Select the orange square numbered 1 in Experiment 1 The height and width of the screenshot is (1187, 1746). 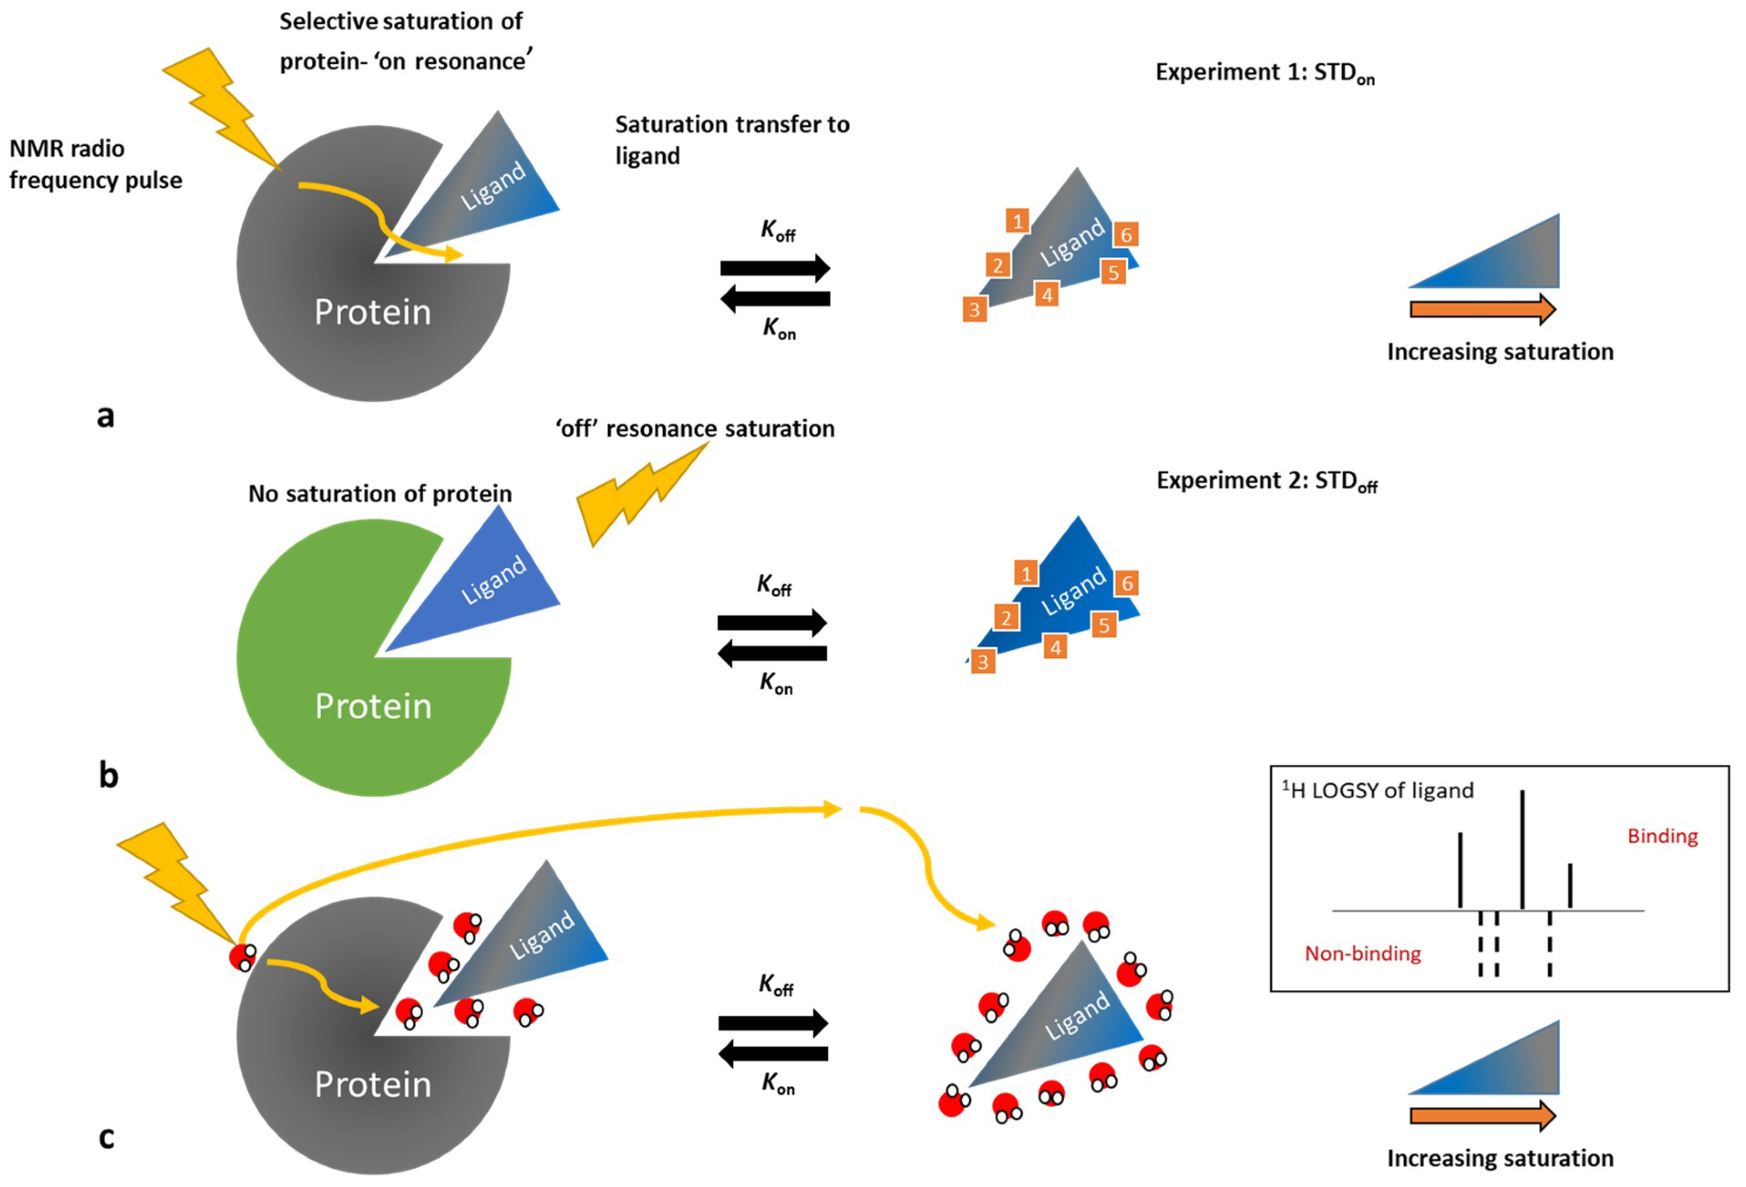(x=1017, y=221)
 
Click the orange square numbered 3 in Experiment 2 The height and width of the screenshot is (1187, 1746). (x=983, y=662)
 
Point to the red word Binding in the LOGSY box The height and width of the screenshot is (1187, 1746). (x=1662, y=836)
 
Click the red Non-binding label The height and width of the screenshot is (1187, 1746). (x=1362, y=953)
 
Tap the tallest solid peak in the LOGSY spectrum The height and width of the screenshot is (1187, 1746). (x=1522, y=849)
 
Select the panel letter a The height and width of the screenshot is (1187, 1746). (x=106, y=414)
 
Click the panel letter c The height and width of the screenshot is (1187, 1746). (x=107, y=1136)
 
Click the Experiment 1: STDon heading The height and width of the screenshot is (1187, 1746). (x=1264, y=73)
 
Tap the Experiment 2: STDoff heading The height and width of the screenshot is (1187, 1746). (x=1266, y=481)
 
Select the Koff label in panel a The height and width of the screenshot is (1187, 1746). (x=778, y=230)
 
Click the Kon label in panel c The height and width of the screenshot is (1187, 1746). (x=778, y=1083)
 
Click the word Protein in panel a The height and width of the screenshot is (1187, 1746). (x=373, y=312)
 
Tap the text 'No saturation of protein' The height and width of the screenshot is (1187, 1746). (x=380, y=494)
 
